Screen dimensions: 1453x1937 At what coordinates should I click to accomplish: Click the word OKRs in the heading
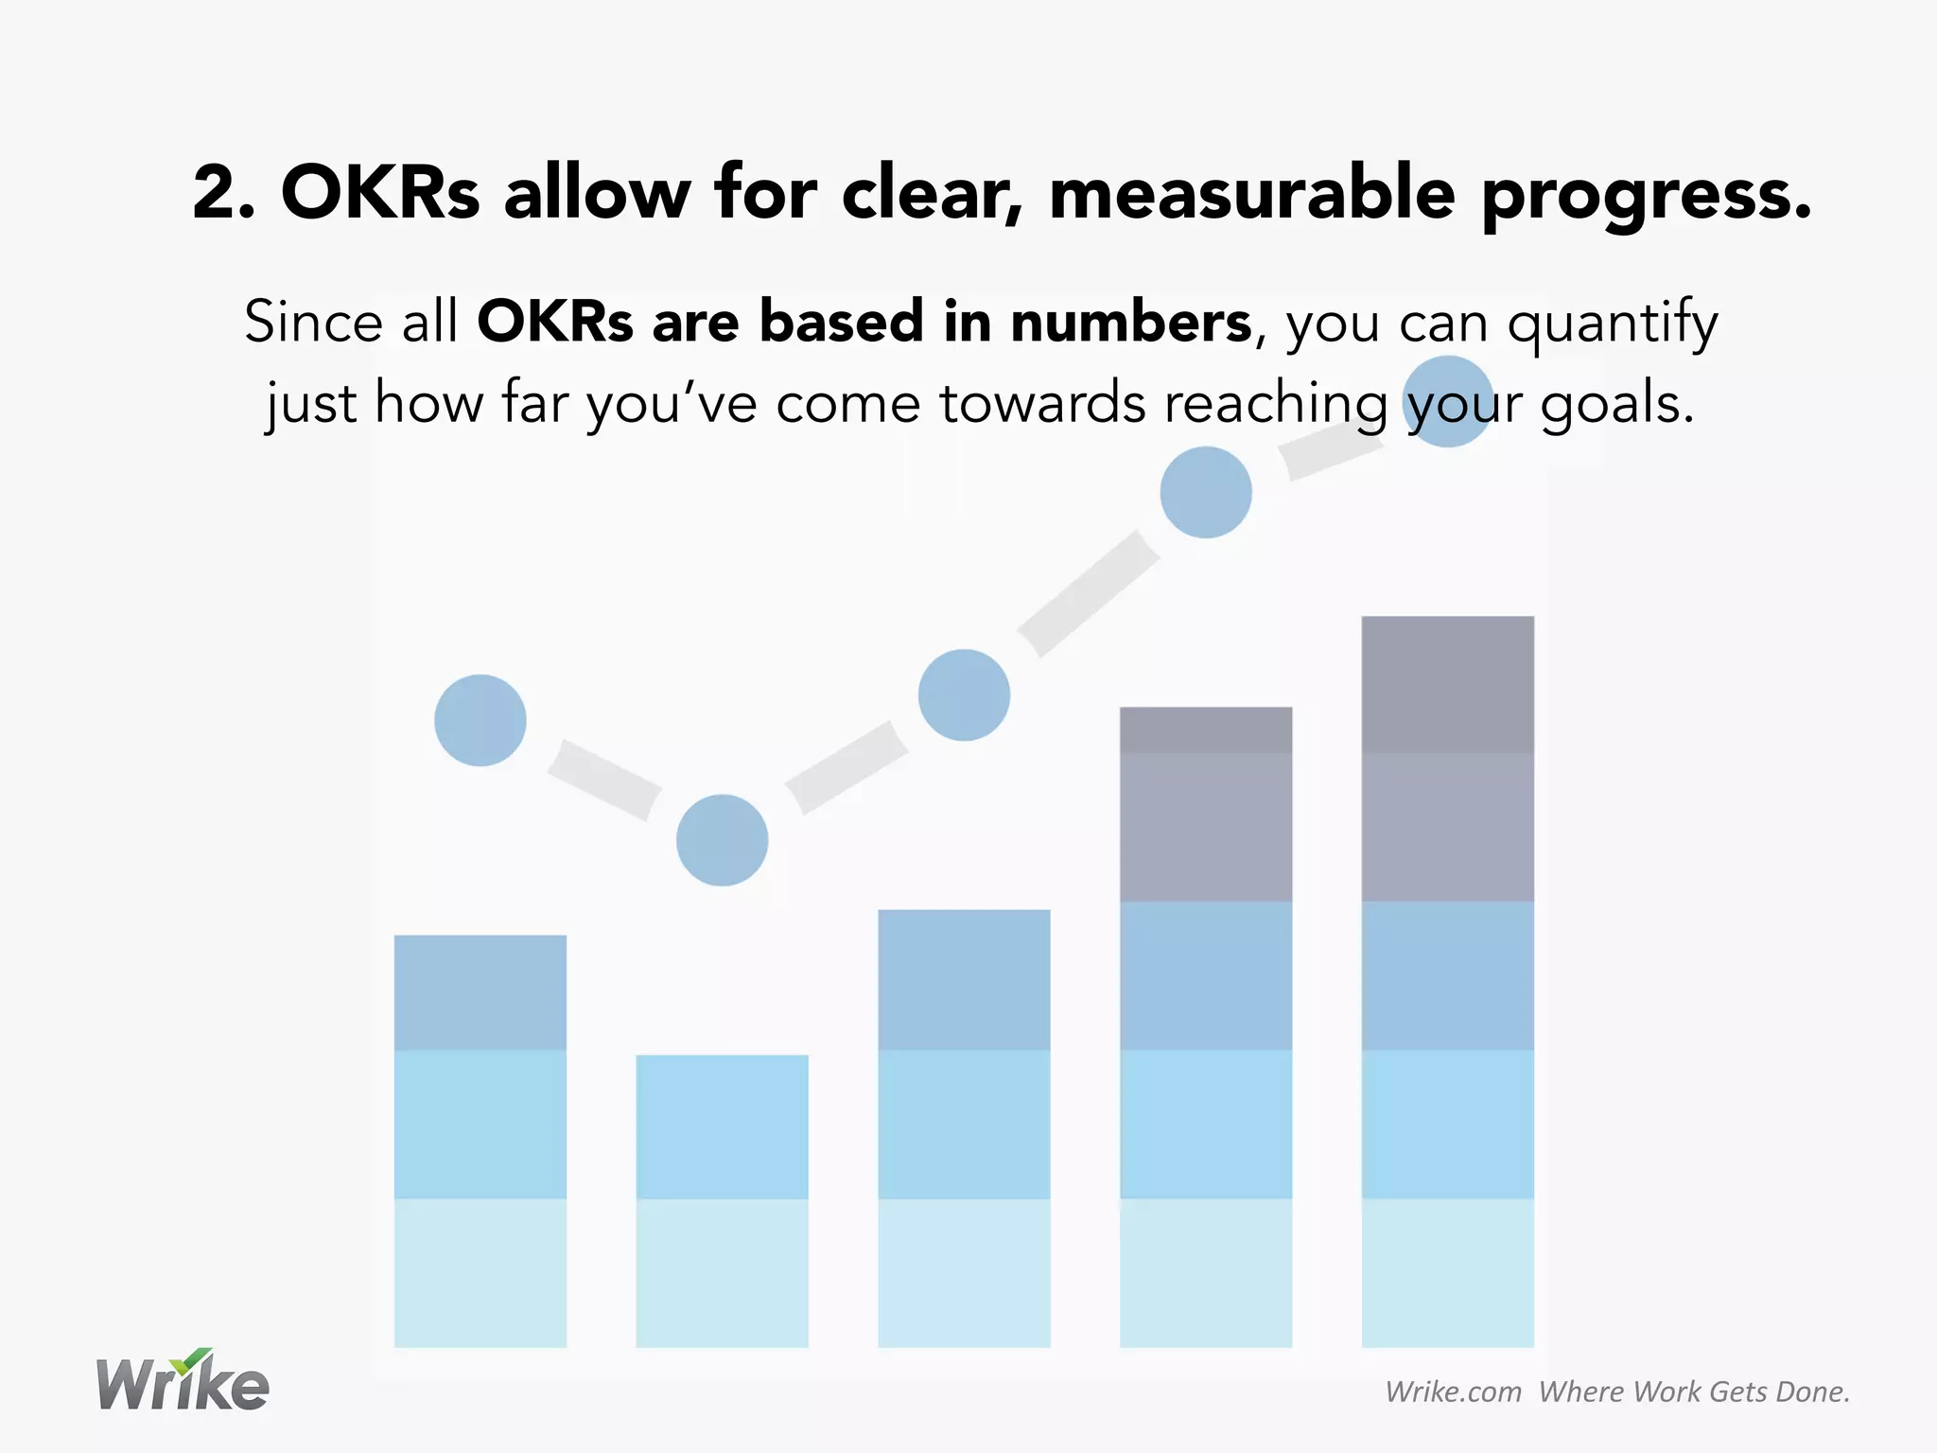[x=380, y=193]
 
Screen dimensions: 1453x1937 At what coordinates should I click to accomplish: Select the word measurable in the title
[x=1251, y=193]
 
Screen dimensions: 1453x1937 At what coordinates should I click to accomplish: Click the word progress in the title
[x=1647, y=197]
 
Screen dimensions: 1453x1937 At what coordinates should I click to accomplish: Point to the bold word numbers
[x=1130, y=322]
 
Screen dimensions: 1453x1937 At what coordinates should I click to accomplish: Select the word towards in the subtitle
[x=1041, y=404]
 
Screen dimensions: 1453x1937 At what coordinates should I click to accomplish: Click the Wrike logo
[x=183, y=1383]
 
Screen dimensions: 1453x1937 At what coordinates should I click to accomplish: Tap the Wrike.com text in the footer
[x=1453, y=1392]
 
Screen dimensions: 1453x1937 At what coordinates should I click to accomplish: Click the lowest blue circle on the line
[x=722, y=840]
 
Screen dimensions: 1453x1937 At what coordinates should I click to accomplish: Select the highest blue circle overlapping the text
[x=1447, y=401]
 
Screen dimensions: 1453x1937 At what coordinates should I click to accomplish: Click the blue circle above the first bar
[x=480, y=720]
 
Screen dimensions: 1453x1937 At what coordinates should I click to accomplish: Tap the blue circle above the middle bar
[x=964, y=695]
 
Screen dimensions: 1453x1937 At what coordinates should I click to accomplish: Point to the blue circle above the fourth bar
[x=1206, y=492]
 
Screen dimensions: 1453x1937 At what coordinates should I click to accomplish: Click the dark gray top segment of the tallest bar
[x=1447, y=684]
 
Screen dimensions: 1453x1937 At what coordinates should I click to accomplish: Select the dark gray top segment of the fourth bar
[x=1206, y=729]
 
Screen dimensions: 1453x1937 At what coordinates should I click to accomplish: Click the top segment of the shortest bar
[x=722, y=1126]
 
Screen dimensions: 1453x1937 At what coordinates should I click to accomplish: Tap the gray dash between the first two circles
[x=603, y=779]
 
